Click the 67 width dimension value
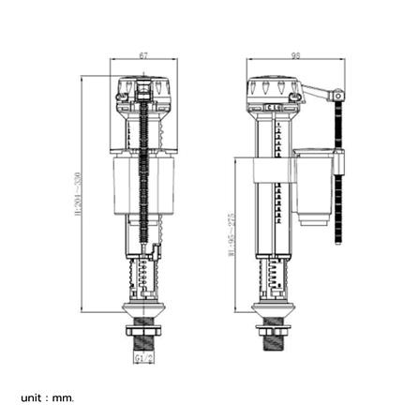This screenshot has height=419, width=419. pyautogui.click(x=143, y=56)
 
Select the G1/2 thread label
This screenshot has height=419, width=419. pyautogui.click(x=143, y=357)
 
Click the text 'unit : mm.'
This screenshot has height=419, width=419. pyautogui.click(x=47, y=397)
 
